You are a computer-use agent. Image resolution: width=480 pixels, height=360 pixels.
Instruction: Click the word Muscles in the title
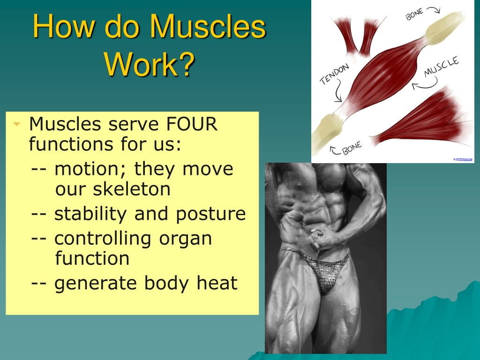[x=208, y=26]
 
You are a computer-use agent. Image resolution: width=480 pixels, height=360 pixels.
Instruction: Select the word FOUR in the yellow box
[x=192, y=124]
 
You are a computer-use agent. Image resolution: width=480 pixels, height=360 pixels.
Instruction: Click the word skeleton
[x=113, y=188]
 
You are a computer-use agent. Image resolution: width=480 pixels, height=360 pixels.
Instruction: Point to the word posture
[x=210, y=214]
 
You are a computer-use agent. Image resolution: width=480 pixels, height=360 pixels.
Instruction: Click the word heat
[x=217, y=283]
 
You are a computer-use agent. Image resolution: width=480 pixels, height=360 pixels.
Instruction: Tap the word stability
[x=90, y=214]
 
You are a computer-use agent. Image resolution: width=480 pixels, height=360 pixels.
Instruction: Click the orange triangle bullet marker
[x=16, y=124]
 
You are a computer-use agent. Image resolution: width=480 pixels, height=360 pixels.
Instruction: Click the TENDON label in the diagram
[x=334, y=74]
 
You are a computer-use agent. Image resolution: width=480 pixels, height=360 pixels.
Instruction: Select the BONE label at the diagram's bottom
[x=352, y=148]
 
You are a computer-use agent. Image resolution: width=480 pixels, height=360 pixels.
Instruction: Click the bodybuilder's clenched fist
[x=317, y=238]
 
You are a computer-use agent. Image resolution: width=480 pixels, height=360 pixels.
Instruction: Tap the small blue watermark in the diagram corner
[x=463, y=159]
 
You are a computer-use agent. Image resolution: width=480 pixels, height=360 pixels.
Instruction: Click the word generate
[x=95, y=283]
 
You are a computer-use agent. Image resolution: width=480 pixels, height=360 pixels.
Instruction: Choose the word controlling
[x=103, y=239]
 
